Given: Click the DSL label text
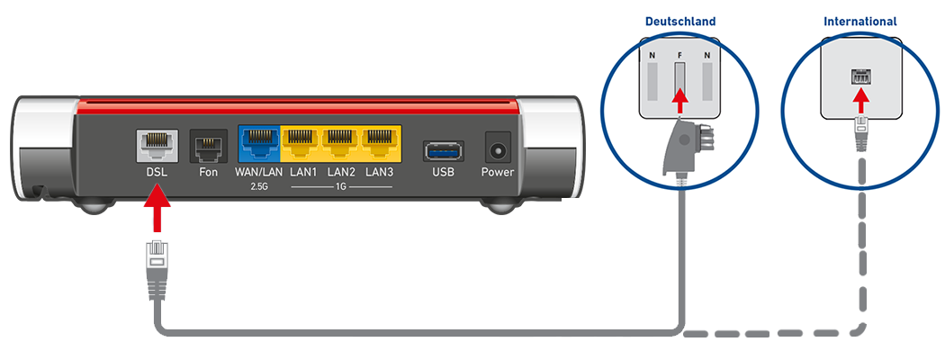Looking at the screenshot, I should coord(156,171).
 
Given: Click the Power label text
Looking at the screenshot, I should coord(498,171).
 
